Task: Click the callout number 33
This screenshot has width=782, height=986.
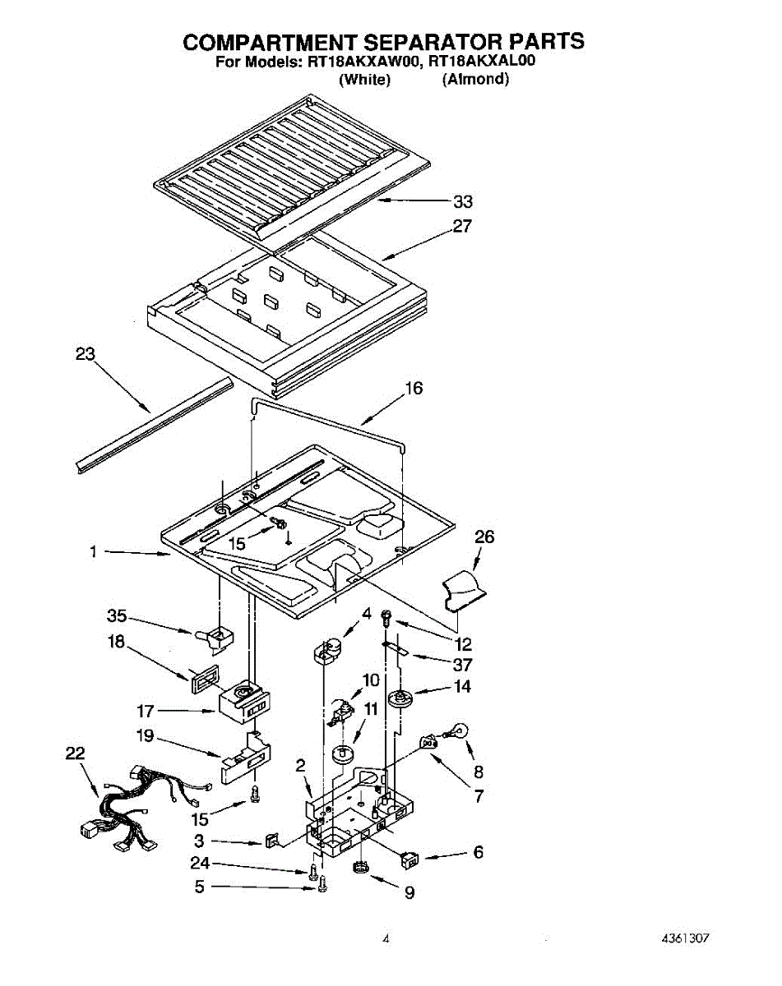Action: pyautogui.click(x=463, y=202)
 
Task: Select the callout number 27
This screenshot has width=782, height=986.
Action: pyautogui.click(x=463, y=226)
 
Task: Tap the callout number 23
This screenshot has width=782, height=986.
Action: pyautogui.click(x=86, y=355)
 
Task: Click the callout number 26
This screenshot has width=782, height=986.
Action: pyautogui.click(x=485, y=537)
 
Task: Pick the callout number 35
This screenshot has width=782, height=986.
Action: pyautogui.click(x=117, y=615)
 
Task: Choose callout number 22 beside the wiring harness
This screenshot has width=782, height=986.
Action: pyautogui.click(x=76, y=753)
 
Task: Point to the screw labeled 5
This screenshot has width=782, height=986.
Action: pyautogui.click(x=322, y=886)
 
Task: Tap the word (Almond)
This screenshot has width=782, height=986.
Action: pyautogui.click(x=475, y=80)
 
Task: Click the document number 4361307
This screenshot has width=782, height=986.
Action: pyautogui.click(x=683, y=938)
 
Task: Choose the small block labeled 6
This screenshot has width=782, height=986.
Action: pyautogui.click(x=408, y=859)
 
